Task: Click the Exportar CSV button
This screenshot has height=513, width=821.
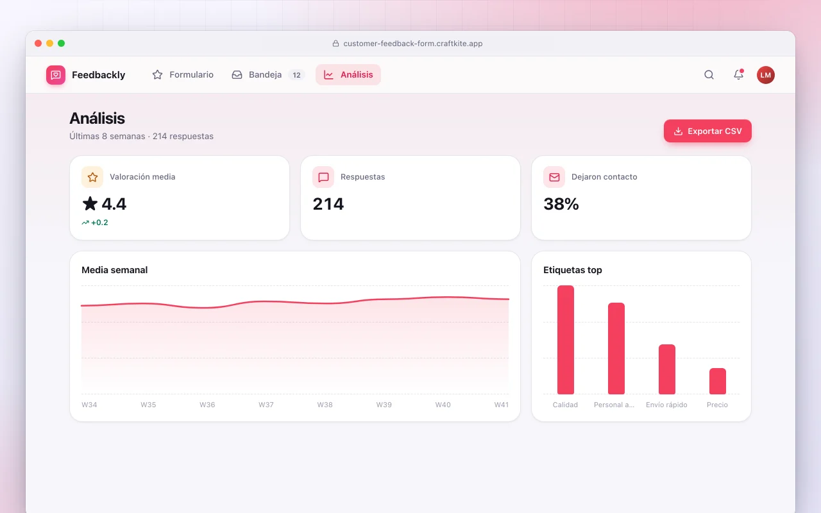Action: point(707,131)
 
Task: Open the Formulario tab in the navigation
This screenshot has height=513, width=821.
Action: point(183,75)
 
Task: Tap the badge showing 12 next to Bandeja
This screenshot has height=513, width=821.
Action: point(296,75)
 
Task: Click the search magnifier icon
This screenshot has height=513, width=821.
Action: point(709,75)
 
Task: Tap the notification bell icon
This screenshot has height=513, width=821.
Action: point(738,75)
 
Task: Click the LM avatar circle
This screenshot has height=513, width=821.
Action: point(766,75)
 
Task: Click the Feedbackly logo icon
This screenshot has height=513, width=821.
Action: point(56,75)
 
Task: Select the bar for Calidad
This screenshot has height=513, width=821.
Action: point(566,340)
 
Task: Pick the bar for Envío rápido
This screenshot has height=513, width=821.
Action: point(666,369)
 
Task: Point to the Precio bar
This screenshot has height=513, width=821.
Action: point(717,381)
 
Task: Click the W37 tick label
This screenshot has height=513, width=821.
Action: point(266,405)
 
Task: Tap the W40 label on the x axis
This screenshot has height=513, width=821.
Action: point(443,405)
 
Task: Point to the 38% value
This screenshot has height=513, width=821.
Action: point(561,204)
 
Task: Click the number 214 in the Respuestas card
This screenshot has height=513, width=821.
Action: point(328,204)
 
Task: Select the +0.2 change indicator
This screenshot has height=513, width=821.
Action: point(95,223)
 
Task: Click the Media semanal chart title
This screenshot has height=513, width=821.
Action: point(114,270)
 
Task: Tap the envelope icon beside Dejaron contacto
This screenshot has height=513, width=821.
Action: point(554,177)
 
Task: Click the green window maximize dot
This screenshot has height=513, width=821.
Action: point(61,43)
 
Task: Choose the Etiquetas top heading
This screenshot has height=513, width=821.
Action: point(573,270)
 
